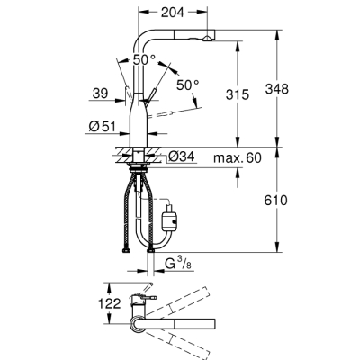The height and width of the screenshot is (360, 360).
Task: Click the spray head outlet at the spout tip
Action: [207, 39]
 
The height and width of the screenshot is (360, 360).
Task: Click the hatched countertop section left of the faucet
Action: [124, 154]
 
